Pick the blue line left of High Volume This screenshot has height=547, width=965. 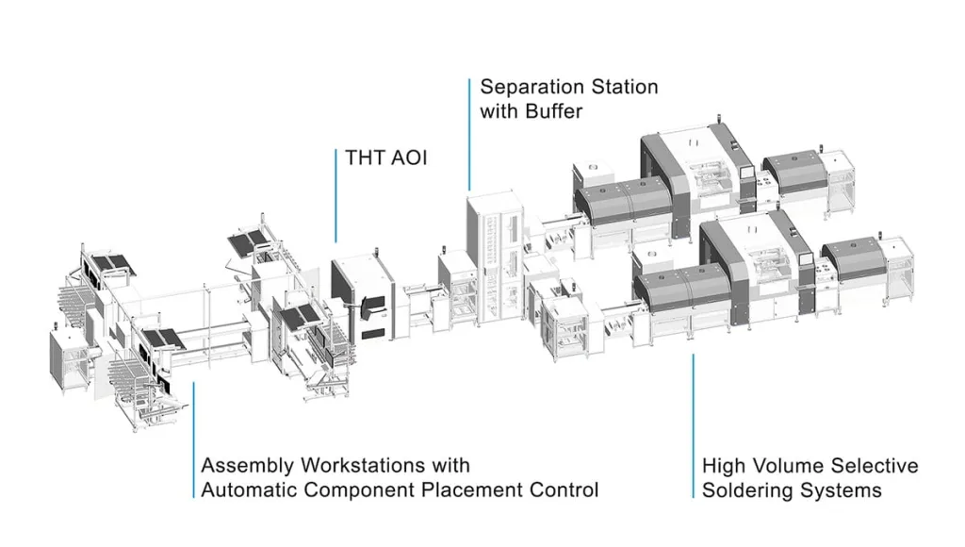point(694,424)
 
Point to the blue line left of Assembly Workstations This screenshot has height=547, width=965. point(193,439)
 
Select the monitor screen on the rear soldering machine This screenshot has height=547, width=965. point(746,180)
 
